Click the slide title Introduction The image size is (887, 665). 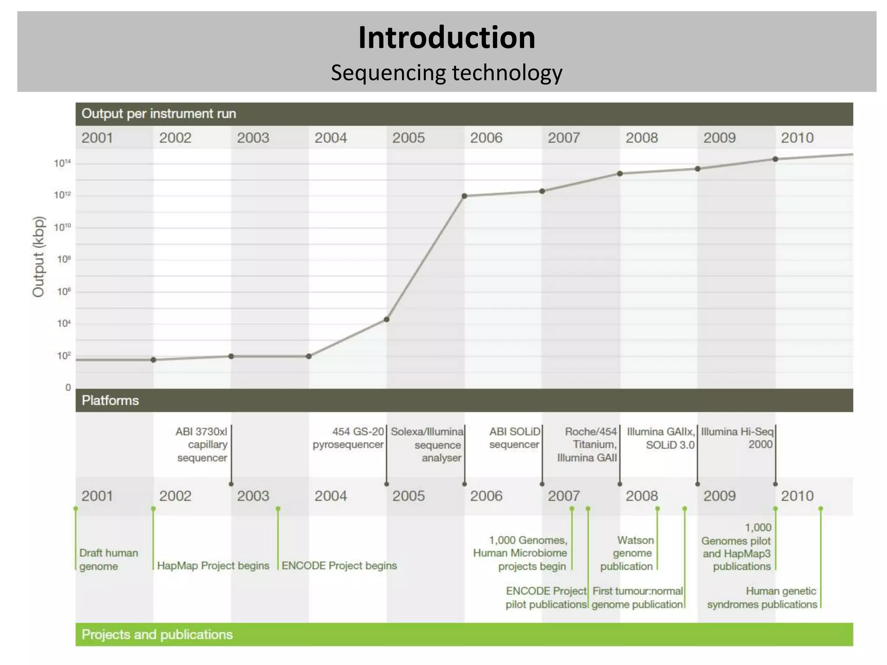[x=447, y=37]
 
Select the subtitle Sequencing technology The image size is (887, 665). [x=447, y=73]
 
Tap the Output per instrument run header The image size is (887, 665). [x=159, y=114]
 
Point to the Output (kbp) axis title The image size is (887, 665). [x=39, y=256]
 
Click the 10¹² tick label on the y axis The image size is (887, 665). [x=62, y=195]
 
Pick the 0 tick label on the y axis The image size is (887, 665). [x=68, y=387]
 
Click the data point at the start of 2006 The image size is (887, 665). [x=464, y=196]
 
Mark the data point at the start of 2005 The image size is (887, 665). [x=387, y=320]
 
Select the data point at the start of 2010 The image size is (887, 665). [x=775, y=159]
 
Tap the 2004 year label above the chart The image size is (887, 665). [x=330, y=138]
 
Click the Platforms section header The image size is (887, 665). [x=110, y=400]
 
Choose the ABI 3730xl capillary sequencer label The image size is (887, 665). [x=202, y=445]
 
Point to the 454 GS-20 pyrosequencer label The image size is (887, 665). [x=349, y=438]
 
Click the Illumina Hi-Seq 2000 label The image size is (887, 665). [x=737, y=438]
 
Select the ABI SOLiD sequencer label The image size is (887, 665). [x=515, y=438]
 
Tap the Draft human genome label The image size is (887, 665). [x=108, y=559]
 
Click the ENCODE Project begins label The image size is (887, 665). [x=339, y=566]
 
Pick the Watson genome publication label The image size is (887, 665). [x=627, y=553]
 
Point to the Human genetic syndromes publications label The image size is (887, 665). [x=762, y=598]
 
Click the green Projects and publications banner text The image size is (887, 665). [x=157, y=635]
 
